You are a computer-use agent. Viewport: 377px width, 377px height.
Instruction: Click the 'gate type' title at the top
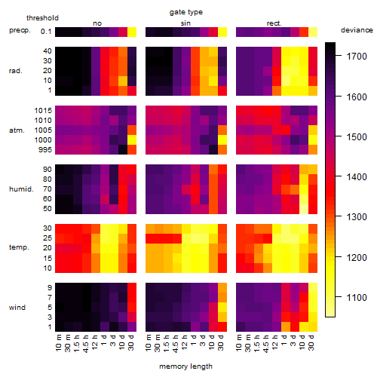(x=186, y=12)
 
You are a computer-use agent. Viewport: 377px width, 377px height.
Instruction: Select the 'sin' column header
(x=185, y=23)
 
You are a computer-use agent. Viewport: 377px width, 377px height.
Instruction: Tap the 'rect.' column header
(x=274, y=23)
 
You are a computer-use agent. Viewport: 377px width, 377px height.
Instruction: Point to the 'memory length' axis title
(x=185, y=366)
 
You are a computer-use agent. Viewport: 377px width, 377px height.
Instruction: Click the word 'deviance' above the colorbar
(x=357, y=30)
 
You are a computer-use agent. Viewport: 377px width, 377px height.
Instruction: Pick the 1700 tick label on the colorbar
(x=357, y=57)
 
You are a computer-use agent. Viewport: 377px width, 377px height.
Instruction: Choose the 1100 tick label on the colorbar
(x=357, y=298)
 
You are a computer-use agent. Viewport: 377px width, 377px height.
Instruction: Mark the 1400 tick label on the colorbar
(x=357, y=177)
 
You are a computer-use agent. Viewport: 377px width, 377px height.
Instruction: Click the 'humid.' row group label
(x=21, y=189)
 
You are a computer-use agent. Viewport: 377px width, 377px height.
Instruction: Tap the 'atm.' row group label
(x=17, y=130)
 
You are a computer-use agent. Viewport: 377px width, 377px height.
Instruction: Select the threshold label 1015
(x=43, y=111)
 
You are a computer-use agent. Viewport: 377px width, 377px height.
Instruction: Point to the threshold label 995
(x=45, y=150)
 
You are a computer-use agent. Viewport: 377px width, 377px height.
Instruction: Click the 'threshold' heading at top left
(x=42, y=18)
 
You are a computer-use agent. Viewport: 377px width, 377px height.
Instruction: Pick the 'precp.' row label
(x=20, y=30)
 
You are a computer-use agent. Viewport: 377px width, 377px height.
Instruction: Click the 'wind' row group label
(x=17, y=308)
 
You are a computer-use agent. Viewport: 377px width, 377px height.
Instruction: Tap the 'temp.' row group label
(x=19, y=247)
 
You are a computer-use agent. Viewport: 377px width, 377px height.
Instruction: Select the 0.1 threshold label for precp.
(x=46, y=32)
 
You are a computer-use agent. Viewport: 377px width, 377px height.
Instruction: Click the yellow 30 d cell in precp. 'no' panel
(x=132, y=32)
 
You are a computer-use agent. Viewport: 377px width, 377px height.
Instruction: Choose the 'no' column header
(x=97, y=23)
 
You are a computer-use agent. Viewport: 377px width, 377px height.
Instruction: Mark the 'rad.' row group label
(x=16, y=71)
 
